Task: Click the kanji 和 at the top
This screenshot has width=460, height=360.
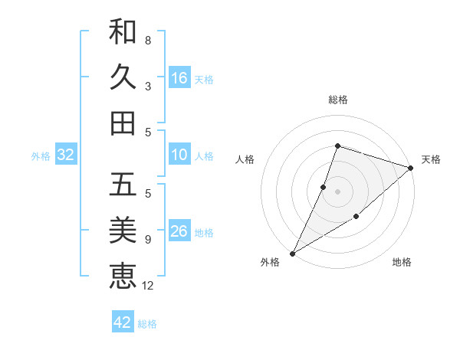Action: coord(123,32)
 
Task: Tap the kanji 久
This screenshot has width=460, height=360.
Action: coord(123,77)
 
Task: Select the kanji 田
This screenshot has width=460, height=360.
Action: coord(123,122)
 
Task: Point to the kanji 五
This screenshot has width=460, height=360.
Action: coord(123,185)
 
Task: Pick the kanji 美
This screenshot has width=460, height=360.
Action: coord(123,229)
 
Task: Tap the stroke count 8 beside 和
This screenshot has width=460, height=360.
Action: coord(148,41)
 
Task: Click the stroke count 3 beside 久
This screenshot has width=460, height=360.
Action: coord(148,86)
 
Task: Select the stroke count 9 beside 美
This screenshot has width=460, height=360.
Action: coord(148,240)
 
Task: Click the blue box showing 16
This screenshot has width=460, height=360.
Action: coord(179,77)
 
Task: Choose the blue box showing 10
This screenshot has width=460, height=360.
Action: coord(179,155)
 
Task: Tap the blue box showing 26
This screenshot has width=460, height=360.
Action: coord(179,231)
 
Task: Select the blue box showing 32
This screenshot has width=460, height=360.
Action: coord(66,155)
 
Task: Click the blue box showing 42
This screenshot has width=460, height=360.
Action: coord(123,322)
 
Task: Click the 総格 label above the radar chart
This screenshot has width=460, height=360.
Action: coord(337,100)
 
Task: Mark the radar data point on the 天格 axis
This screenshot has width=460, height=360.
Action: coord(412,169)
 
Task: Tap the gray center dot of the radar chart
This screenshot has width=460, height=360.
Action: coord(337,191)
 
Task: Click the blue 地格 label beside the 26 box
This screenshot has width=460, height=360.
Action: coord(205,232)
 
